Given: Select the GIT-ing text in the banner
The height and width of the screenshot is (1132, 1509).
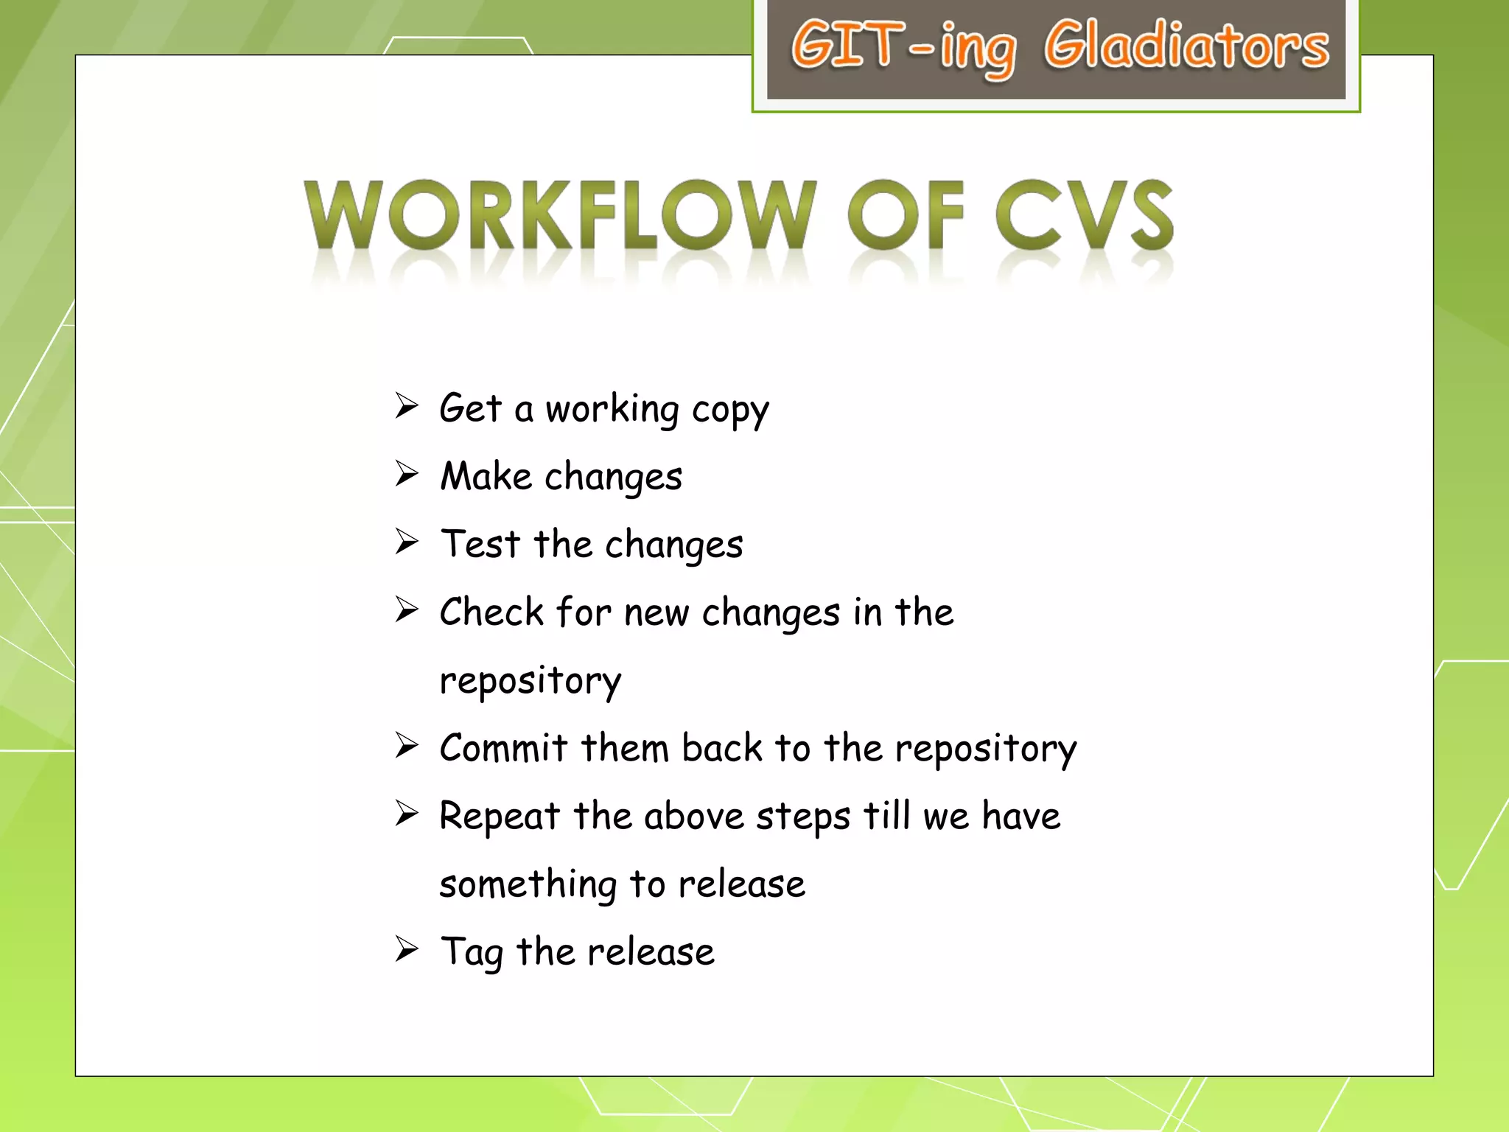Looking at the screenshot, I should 903,47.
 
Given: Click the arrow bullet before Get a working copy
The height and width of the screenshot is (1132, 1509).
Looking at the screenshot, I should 407,406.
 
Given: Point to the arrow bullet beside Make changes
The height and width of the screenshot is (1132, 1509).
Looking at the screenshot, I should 407,474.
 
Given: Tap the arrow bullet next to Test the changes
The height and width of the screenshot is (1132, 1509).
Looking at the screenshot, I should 407,542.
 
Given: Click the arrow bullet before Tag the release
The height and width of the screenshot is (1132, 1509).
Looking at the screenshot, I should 407,949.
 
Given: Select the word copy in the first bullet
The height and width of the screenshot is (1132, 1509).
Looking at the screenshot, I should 730,410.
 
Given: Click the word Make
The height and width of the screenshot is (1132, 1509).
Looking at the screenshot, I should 486,476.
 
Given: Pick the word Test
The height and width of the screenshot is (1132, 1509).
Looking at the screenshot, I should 480,544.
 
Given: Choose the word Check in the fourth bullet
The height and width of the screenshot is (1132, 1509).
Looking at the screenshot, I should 491,612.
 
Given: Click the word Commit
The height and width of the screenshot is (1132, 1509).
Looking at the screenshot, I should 503,748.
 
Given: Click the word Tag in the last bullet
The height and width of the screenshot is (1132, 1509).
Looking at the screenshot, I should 472,952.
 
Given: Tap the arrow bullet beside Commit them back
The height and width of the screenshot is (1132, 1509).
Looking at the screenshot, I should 407,746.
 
